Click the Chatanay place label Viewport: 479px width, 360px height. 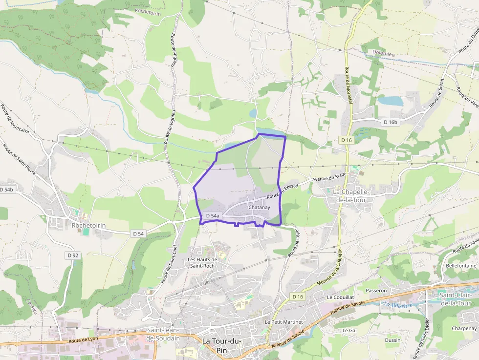259,208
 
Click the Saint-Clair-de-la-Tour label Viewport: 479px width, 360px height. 458,298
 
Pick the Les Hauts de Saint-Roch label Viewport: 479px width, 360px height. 202,263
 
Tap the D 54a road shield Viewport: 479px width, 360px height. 213,215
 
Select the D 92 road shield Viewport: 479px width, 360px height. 73,255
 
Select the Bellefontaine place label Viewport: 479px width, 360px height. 460,265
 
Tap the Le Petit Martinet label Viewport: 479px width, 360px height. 283,322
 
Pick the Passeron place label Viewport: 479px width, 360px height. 376,290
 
